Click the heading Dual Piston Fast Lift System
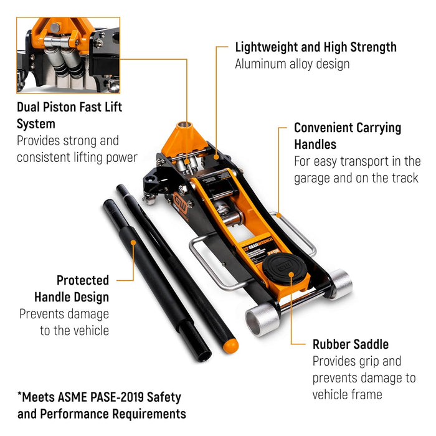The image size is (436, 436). pyautogui.click(x=69, y=115)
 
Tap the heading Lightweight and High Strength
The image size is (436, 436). pyautogui.click(x=315, y=47)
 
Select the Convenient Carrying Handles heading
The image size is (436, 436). pyautogui.click(x=348, y=136)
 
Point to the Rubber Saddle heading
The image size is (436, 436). pyautogui.click(x=350, y=344)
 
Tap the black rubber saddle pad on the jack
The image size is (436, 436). pyautogui.click(x=286, y=267)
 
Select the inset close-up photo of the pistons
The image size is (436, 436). pyautogui.click(x=69, y=55)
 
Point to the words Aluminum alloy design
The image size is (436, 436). pyautogui.click(x=291, y=64)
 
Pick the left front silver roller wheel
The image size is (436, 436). pyautogui.click(x=261, y=320)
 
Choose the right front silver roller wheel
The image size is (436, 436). pyautogui.click(x=340, y=284)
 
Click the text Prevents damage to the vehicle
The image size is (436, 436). pyautogui.click(x=64, y=321)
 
